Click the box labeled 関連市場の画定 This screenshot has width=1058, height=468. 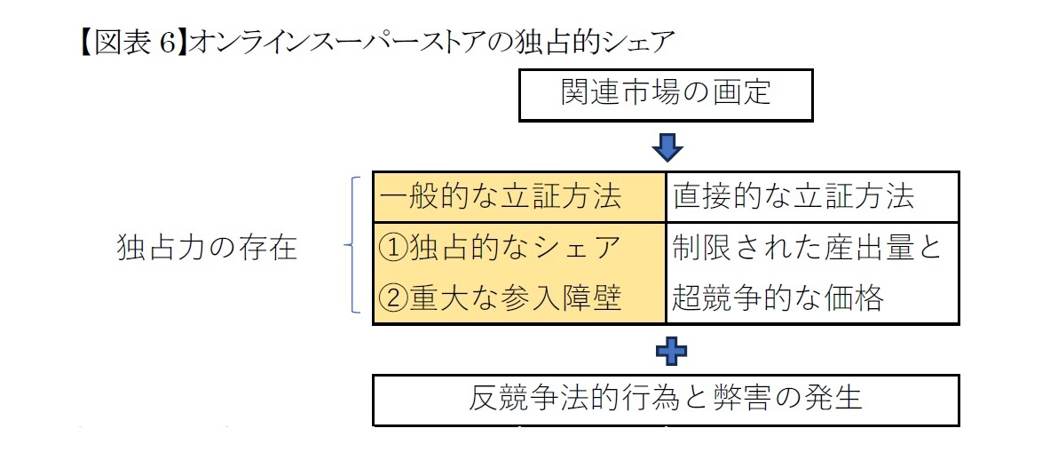click(x=666, y=93)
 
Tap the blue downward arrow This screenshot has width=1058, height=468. click(x=667, y=147)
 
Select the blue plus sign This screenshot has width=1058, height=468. click(x=671, y=353)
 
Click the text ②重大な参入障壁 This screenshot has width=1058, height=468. click(x=498, y=297)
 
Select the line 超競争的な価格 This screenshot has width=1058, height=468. click(x=778, y=297)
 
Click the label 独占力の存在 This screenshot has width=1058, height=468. click(x=207, y=248)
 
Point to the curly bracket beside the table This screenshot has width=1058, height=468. click(x=351, y=245)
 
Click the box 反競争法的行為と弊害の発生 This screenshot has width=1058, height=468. click(x=666, y=399)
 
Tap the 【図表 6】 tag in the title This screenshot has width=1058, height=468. click(x=124, y=42)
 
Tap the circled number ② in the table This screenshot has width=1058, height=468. click(x=393, y=297)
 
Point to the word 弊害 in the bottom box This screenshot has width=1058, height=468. click(x=743, y=399)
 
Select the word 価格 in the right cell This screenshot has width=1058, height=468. click(x=856, y=297)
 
